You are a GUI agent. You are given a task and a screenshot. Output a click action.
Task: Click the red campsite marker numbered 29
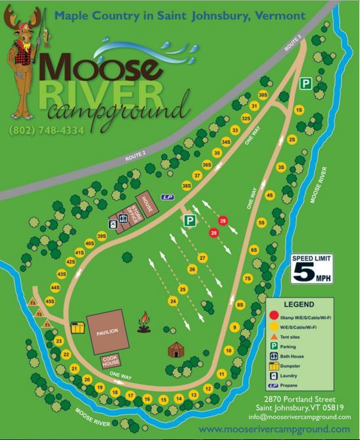pyautogui.click(x=222, y=220)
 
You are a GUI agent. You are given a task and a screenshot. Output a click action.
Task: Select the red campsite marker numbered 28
pyautogui.click(x=213, y=233)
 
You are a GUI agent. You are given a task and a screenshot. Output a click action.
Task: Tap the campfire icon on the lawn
pyautogui.click(x=144, y=321)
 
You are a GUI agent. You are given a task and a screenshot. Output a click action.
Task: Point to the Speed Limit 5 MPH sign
pyautogui.click(x=313, y=268)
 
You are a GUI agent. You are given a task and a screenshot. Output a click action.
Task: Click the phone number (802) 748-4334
pyautogui.click(x=47, y=130)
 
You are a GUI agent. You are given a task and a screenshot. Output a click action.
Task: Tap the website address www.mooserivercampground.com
pyautogui.click(x=274, y=429)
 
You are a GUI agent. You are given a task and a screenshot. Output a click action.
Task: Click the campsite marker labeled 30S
pyautogui.click(x=263, y=95)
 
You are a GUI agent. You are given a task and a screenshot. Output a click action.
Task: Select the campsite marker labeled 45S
pyautogui.click(x=49, y=301)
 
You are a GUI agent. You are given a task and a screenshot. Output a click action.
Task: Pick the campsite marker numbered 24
pyautogui.click(x=173, y=301)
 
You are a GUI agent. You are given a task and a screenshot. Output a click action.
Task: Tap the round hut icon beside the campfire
pyautogui.click(x=176, y=350)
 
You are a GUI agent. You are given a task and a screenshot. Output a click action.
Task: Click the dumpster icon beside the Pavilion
pyautogui.click(x=78, y=327)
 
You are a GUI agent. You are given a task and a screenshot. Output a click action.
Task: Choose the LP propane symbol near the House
pyautogui.click(x=167, y=197)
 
